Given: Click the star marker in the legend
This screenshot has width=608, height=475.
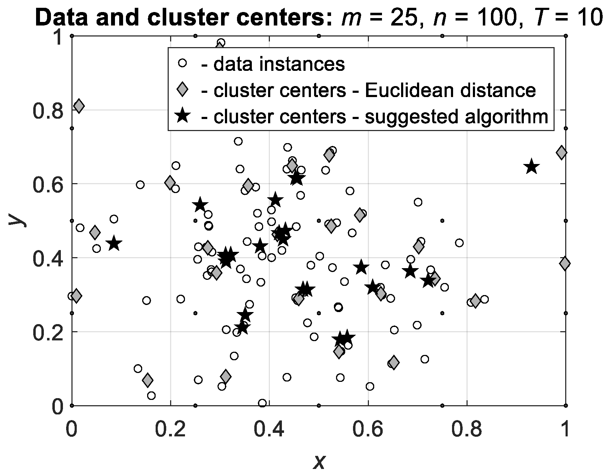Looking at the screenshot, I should [182, 116].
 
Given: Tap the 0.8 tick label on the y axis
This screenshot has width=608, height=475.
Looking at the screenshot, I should [46, 110].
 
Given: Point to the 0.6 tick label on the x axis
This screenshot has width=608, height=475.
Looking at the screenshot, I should [368, 429].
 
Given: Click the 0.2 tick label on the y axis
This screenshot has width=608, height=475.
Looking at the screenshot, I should [46, 332].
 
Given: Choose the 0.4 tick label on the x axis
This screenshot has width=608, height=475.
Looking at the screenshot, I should [269, 429].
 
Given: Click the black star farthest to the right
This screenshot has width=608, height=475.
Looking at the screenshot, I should [532, 167].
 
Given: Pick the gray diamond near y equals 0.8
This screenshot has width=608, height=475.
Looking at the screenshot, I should [79, 106].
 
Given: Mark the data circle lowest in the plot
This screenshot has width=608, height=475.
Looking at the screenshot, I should [262, 403].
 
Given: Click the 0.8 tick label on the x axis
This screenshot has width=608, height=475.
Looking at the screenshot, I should [467, 429].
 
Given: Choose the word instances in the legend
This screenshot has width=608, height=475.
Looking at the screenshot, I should [304, 64].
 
